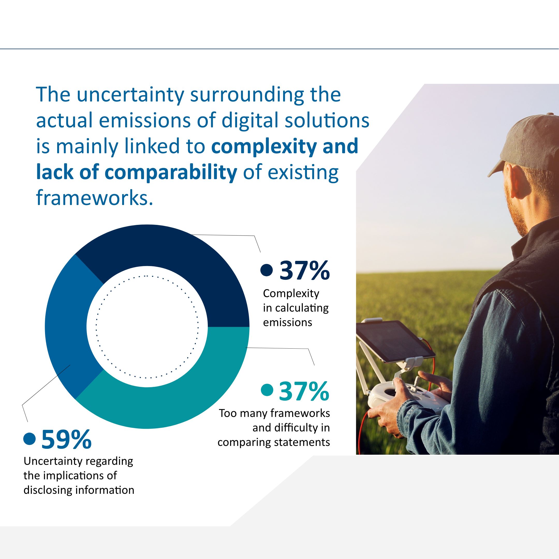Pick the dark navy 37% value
point(304,270)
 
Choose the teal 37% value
point(304,391)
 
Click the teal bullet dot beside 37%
point(267,390)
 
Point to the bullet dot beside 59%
point(30,438)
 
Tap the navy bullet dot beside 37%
point(267,270)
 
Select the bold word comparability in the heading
point(171,172)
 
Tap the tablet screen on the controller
point(395,340)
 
